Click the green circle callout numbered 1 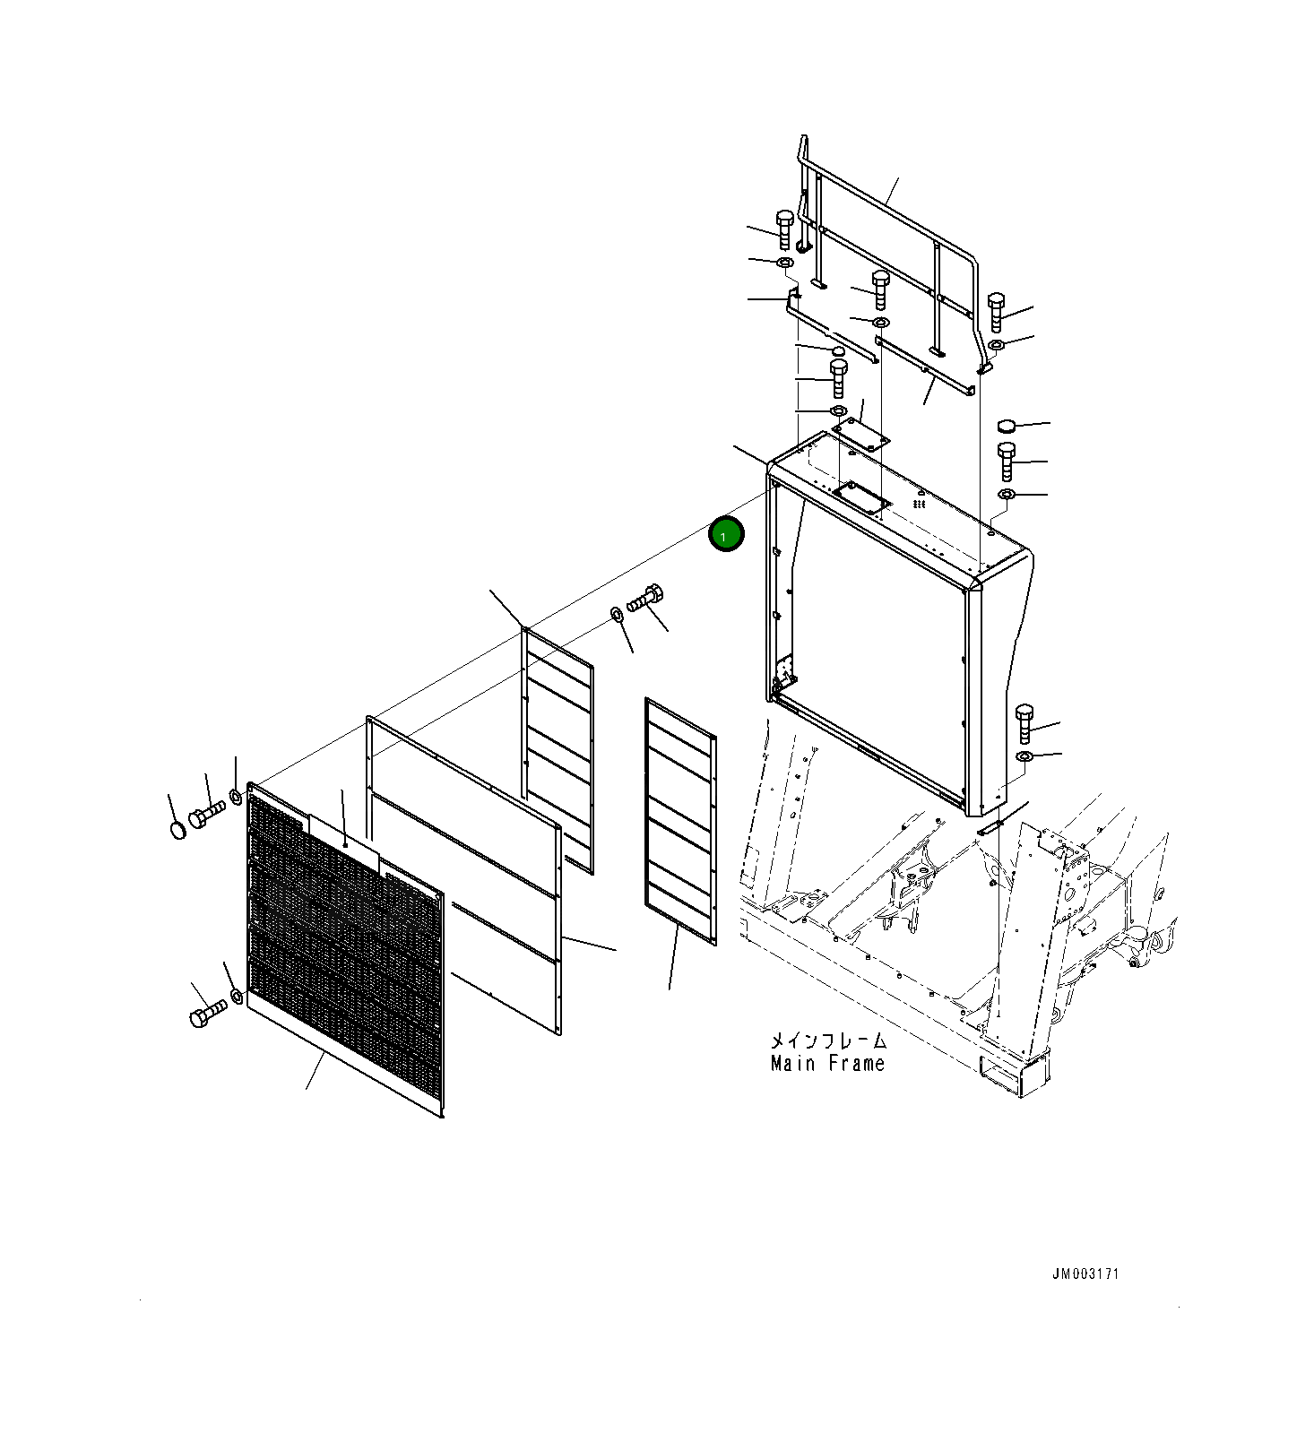[726, 535]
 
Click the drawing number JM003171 [1085, 1274]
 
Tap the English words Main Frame [827, 1064]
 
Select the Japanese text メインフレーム [828, 1040]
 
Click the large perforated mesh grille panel [345, 950]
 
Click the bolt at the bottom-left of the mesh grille [207, 1014]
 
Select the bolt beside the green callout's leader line [645, 597]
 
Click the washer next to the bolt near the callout [617, 614]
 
